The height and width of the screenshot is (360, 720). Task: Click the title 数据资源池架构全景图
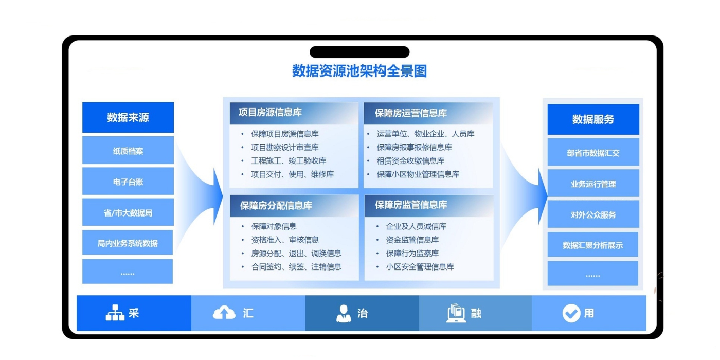pyautogui.click(x=359, y=71)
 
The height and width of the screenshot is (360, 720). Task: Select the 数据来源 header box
pyautogui.click(x=128, y=117)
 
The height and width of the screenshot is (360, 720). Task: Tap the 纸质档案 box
pyautogui.click(x=128, y=151)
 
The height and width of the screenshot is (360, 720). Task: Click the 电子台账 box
pyautogui.click(x=128, y=182)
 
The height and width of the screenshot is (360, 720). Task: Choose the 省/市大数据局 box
pyautogui.click(x=128, y=212)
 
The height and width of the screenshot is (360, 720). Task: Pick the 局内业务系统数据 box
pyautogui.click(x=128, y=243)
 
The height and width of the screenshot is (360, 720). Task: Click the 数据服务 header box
pyautogui.click(x=593, y=119)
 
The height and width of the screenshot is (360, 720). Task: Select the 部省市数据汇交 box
pyautogui.click(x=593, y=153)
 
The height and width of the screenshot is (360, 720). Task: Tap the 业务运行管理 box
pyautogui.click(x=593, y=184)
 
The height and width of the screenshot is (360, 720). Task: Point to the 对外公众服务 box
pyautogui.click(x=593, y=214)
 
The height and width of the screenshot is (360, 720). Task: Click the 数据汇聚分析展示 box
pyautogui.click(x=592, y=245)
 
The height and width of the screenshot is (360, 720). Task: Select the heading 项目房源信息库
pyautogui.click(x=271, y=113)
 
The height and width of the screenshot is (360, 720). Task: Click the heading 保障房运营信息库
pyautogui.click(x=411, y=113)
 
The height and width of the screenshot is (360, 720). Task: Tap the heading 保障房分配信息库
pyautogui.click(x=276, y=206)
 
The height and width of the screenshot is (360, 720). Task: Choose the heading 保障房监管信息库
pyautogui.click(x=411, y=205)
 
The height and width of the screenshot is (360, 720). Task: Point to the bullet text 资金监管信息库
pyautogui.click(x=412, y=240)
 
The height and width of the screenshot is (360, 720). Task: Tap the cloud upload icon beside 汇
pyautogui.click(x=224, y=313)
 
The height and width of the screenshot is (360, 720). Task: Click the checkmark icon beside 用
pyautogui.click(x=571, y=313)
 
